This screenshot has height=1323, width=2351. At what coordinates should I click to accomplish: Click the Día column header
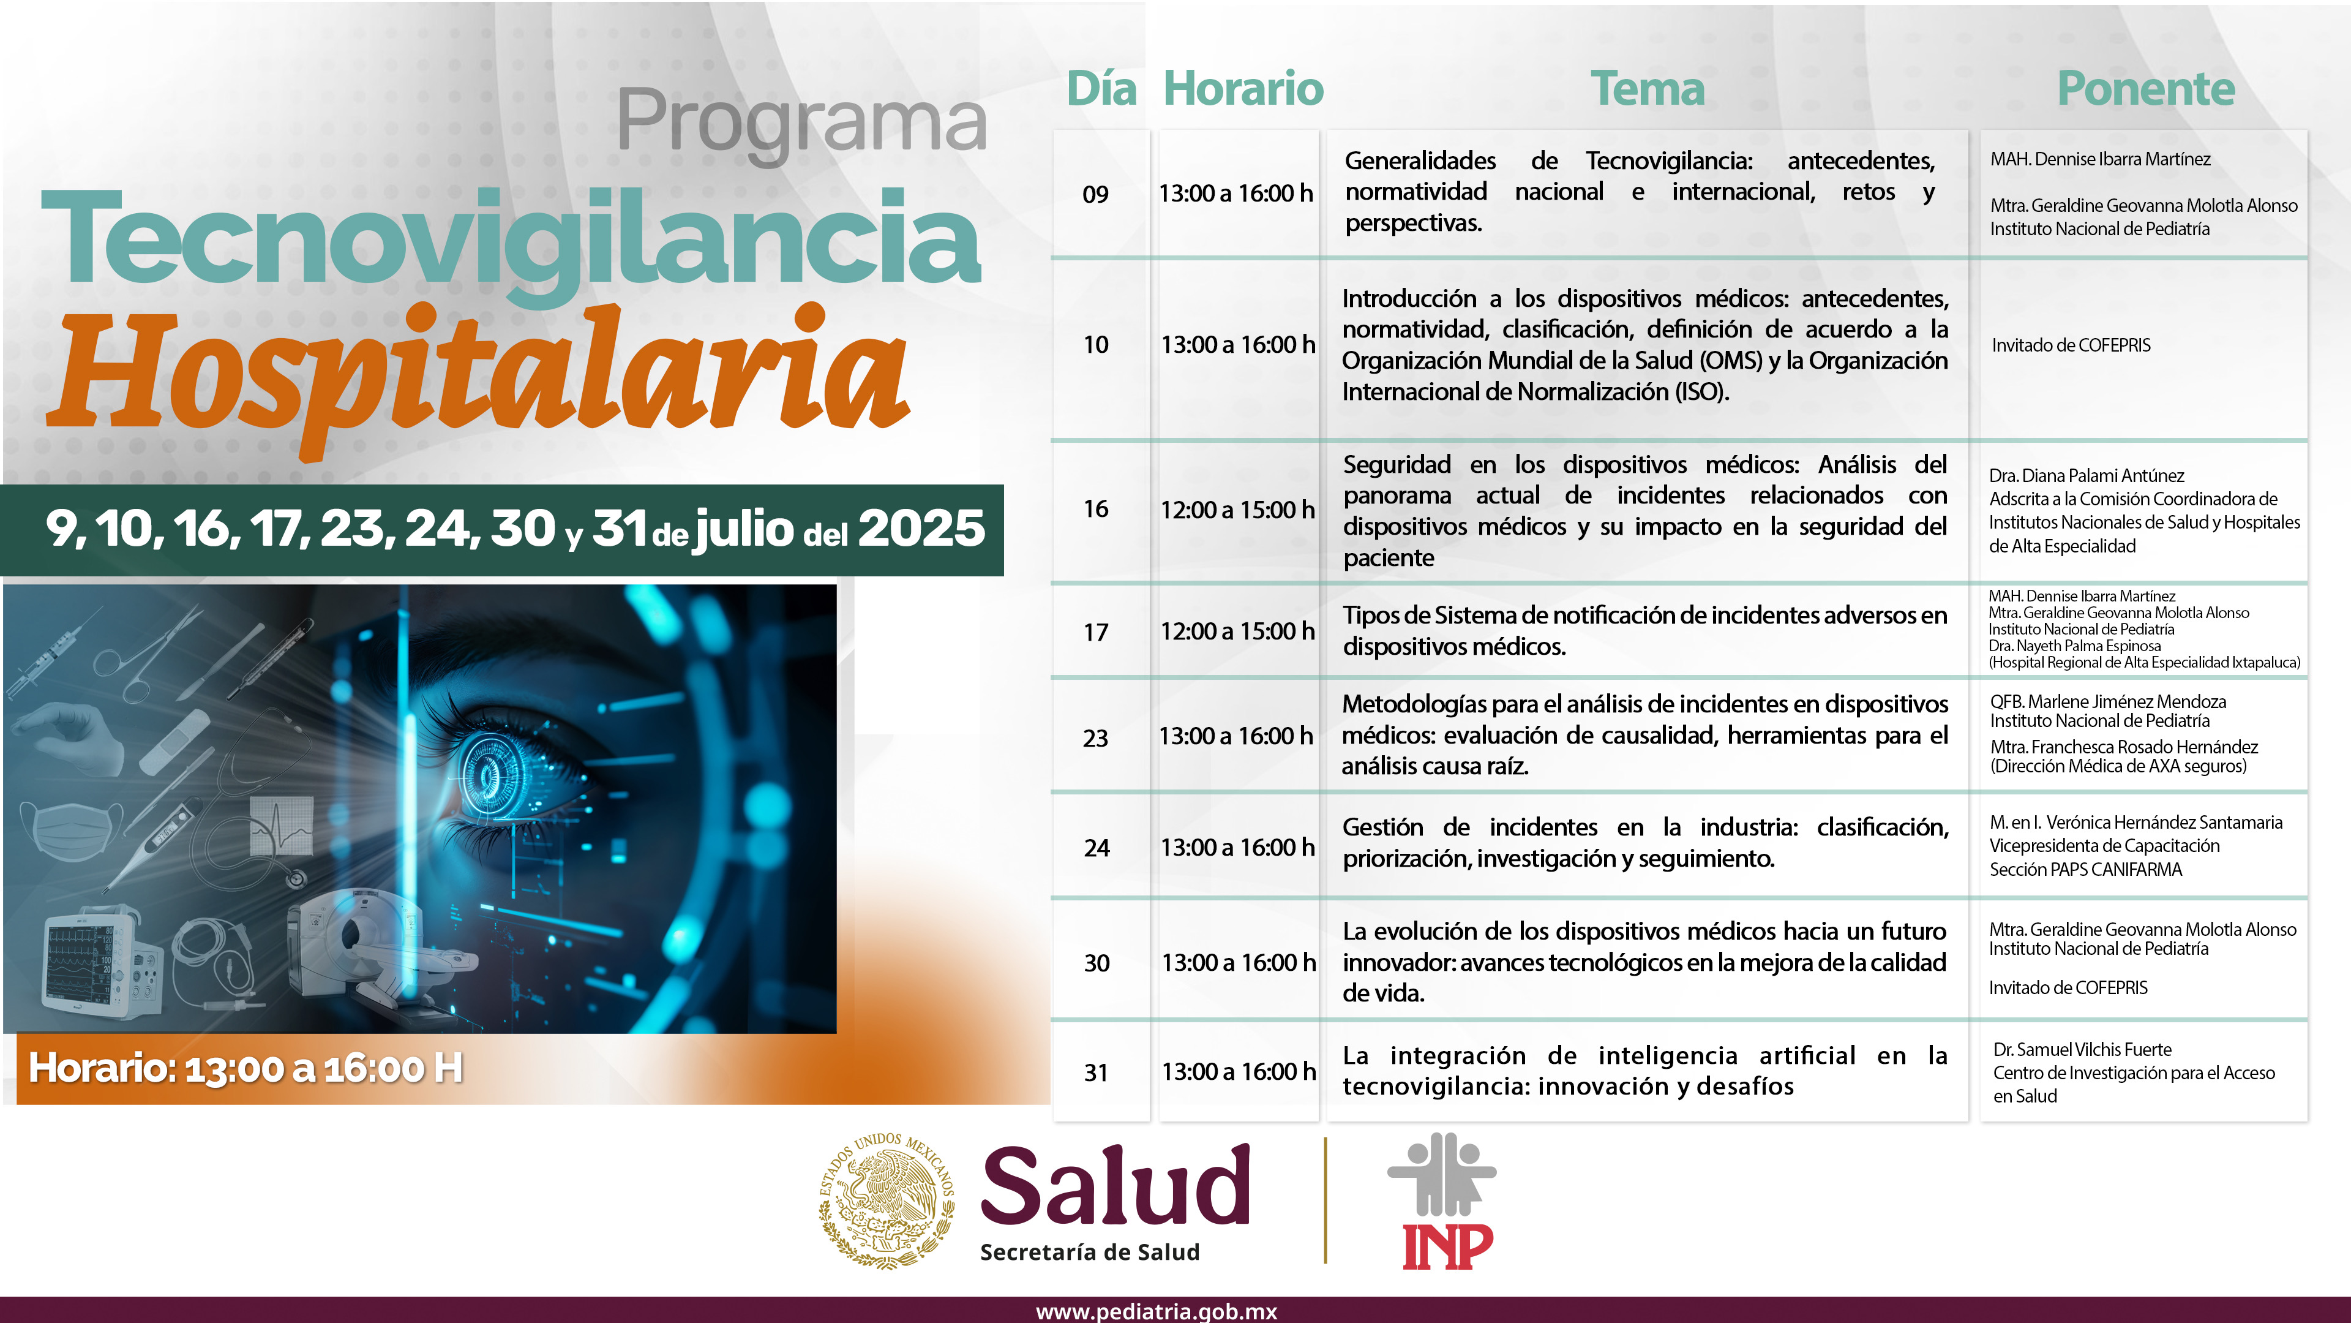pyautogui.click(x=1101, y=89)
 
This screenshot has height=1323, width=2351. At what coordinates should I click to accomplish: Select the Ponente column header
pyautogui.click(x=2146, y=89)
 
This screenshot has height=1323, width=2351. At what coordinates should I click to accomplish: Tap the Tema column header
pyautogui.click(x=1648, y=89)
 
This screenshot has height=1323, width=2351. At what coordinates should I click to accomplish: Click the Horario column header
pyautogui.click(x=1243, y=89)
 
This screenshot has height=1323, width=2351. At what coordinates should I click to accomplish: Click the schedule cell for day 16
pyautogui.click(x=1237, y=510)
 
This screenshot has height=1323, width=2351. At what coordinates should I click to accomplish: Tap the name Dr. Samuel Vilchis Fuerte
pyautogui.click(x=2082, y=1050)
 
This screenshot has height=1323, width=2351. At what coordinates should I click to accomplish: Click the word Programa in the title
pyautogui.click(x=801, y=123)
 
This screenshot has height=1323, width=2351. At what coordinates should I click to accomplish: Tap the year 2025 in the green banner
pyautogui.click(x=922, y=529)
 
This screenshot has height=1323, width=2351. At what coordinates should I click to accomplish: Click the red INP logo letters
pyautogui.click(x=1447, y=1246)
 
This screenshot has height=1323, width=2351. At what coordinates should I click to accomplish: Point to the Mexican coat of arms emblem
pyautogui.click(x=886, y=1200)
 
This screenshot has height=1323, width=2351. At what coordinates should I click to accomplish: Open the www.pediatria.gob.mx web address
pyautogui.click(x=1157, y=1311)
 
